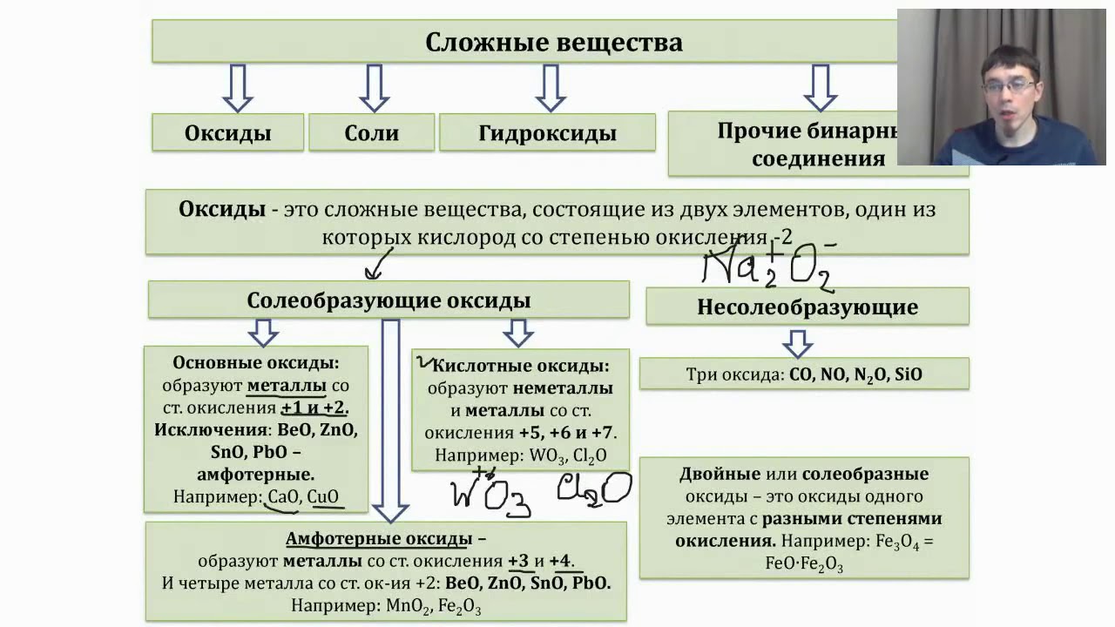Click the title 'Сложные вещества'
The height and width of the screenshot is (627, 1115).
(x=553, y=42)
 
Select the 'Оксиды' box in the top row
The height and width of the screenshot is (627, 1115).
(x=227, y=133)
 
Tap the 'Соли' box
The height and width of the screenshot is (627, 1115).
(x=372, y=133)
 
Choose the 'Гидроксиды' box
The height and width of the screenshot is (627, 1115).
(x=547, y=133)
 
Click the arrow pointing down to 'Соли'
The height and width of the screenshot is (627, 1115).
(x=374, y=88)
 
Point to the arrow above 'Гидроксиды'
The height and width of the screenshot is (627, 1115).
(x=550, y=88)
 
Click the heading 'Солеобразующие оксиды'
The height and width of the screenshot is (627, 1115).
(x=389, y=300)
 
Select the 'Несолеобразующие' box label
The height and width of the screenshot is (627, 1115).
(x=808, y=307)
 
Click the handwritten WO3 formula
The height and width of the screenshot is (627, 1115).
(x=490, y=494)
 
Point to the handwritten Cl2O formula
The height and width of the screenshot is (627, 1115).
(x=593, y=489)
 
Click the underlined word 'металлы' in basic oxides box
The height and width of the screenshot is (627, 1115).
(x=287, y=385)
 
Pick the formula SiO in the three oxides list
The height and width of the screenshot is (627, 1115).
(x=907, y=374)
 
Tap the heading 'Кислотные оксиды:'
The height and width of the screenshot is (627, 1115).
(x=520, y=366)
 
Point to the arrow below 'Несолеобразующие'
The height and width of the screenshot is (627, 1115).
(x=796, y=343)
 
